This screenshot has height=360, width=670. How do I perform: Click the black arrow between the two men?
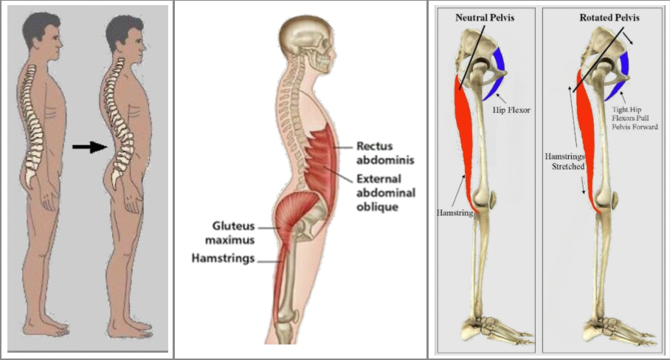pyautogui.click(x=89, y=147)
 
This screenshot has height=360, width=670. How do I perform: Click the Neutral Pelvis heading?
pyautogui.click(x=485, y=17)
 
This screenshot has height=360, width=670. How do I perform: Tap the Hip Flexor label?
pyautogui.click(x=512, y=110)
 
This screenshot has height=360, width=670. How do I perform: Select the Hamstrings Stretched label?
pyautogui.click(x=564, y=162)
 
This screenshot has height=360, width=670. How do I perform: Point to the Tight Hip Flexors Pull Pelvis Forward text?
pyautogui.click(x=634, y=117)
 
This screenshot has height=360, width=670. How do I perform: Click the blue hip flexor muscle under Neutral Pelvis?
pyautogui.click(x=498, y=74)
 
